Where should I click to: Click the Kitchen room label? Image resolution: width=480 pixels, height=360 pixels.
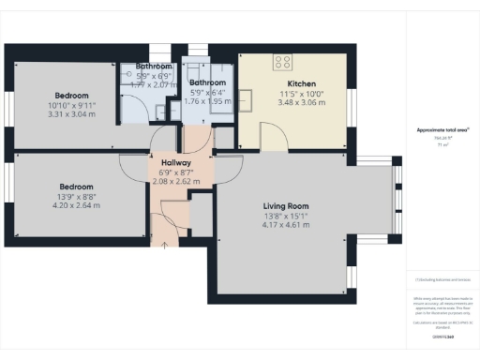click(300, 82)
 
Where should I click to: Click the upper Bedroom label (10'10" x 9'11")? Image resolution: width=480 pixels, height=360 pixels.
click(71, 96)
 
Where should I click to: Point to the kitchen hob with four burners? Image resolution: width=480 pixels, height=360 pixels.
click(283, 63)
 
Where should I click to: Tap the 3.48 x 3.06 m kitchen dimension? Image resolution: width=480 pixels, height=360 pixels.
click(300, 102)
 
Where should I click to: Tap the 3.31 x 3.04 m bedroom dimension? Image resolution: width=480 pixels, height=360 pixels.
click(71, 115)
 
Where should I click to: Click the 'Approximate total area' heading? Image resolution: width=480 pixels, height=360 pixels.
click(443, 129)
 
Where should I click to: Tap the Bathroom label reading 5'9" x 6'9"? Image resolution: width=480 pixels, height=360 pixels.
click(152, 67)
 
